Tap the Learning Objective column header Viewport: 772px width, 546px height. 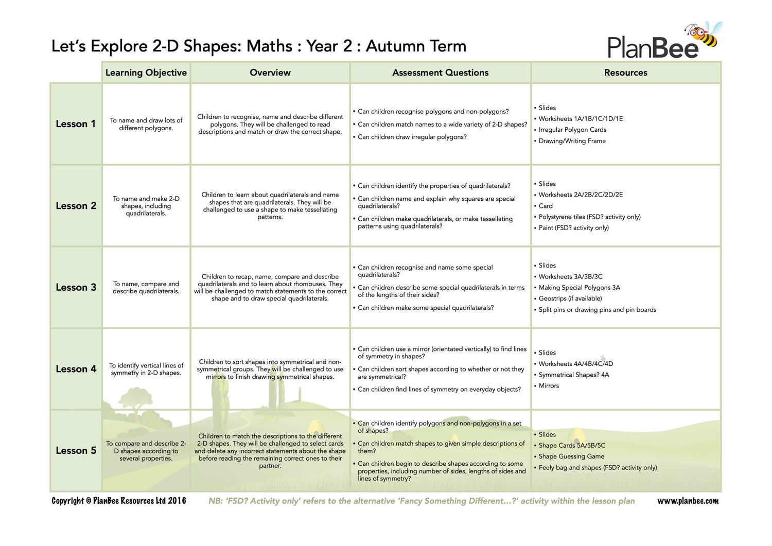(146, 73)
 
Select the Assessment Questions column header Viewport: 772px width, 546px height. (440, 73)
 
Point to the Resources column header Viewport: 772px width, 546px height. (625, 73)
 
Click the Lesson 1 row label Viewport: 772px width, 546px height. (76, 124)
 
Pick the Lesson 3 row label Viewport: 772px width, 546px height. (76, 287)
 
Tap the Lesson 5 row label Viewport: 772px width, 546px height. (76, 450)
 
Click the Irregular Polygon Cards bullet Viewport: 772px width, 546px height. (572, 130)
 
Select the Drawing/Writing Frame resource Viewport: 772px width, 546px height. (572, 141)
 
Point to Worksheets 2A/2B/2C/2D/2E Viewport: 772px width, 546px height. (581, 195)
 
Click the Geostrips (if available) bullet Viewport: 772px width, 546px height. (570, 298)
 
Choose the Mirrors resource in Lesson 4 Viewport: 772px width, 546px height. (549, 385)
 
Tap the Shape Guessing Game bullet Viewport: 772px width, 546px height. (571, 456)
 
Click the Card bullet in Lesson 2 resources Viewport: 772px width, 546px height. (546, 206)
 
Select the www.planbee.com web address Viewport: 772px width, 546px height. (688, 501)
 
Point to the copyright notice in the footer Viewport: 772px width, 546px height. (119, 501)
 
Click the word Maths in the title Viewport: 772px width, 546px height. (270, 46)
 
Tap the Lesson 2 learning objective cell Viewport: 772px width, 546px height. (146, 206)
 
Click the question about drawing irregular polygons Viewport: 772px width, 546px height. (412, 137)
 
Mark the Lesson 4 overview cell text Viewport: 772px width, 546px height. (270, 369)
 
